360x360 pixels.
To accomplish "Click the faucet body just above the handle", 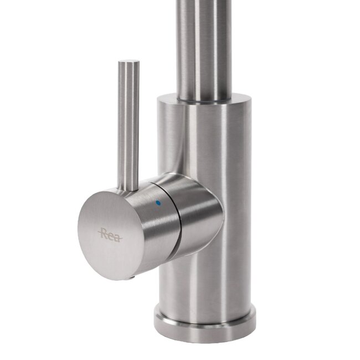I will click(199, 144).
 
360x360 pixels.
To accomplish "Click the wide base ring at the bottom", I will click(205, 327).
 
